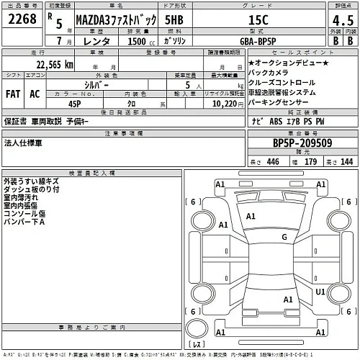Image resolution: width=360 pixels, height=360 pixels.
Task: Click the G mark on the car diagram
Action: coord(284,236)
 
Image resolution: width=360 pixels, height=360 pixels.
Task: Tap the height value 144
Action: coord(347,163)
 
